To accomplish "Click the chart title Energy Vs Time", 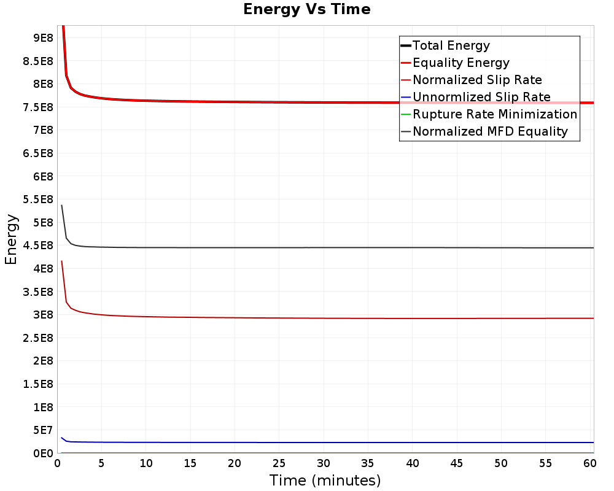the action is (306, 9).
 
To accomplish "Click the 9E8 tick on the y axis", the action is (43, 38).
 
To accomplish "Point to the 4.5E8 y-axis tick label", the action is (38, 245).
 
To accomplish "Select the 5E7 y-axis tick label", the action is (43, 430).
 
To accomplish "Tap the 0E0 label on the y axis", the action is (43, 454).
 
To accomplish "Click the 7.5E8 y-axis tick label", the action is (38, 107).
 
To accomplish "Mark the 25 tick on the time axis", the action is (279, 463).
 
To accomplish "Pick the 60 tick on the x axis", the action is (589, 463).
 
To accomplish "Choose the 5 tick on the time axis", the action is (101, 463).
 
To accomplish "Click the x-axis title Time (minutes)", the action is (325, 481).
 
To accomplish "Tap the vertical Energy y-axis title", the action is (11, 239).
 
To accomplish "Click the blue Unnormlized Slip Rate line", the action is (327, 443).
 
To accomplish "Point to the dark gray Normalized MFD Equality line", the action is (327, 247).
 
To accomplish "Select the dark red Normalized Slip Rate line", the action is (327, 318).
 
